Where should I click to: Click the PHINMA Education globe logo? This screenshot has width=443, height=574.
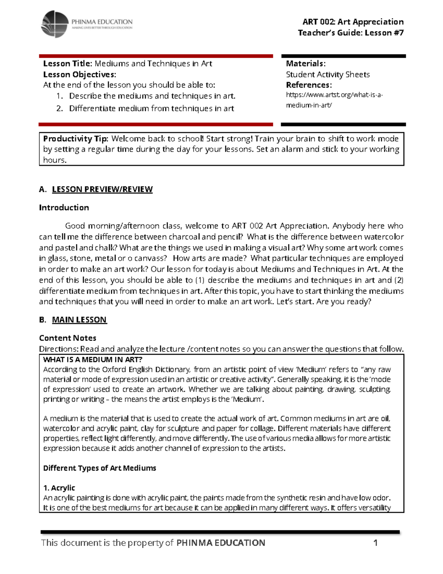coord(55,24)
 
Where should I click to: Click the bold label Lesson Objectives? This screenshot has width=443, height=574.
coord(79,74)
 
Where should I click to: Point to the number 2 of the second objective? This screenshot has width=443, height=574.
coord(59,109)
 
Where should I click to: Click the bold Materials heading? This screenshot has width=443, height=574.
coord(305,64)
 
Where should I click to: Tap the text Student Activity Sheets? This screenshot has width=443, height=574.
coord(327,75)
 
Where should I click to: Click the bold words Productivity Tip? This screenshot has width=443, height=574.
coord(75,139)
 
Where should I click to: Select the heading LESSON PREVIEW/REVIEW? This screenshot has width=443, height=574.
coord(102,189)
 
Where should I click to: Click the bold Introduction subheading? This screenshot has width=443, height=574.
coord(64,208)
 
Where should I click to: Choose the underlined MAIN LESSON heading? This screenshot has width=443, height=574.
coord(79,320)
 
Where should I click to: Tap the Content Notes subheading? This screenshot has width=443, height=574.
coord(68,338)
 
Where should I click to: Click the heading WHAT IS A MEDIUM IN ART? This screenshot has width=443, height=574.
coord(93,359)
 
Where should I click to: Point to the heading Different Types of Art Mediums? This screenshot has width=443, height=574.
coord(100,468)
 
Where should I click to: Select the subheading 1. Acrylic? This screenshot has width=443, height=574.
coord(59,488)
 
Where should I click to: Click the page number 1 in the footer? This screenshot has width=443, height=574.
coord(375,543)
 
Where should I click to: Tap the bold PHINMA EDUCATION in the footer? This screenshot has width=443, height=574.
coord(221,543)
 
